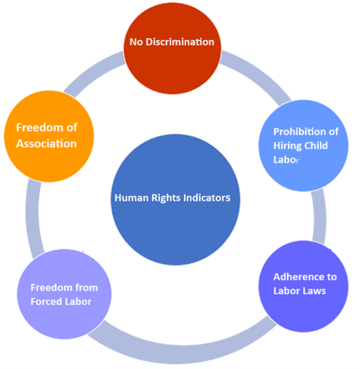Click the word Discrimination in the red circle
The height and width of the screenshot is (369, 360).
180,42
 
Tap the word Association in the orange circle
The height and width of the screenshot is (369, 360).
46,144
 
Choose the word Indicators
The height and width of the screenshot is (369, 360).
206,198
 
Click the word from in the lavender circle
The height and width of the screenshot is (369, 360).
87,287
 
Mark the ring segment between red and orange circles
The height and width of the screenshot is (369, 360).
91,74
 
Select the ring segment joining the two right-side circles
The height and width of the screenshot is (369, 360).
320,216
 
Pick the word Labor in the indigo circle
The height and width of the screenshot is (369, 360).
286,291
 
